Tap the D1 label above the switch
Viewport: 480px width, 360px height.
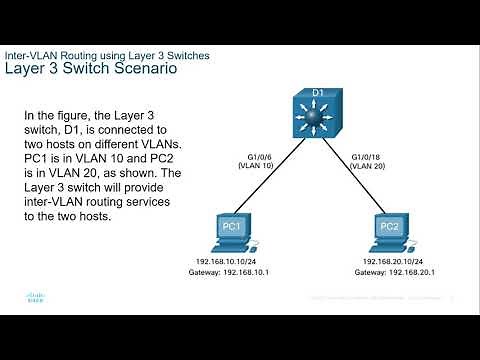tap(318, 94)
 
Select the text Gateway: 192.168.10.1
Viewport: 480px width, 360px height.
tap(230, 272)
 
